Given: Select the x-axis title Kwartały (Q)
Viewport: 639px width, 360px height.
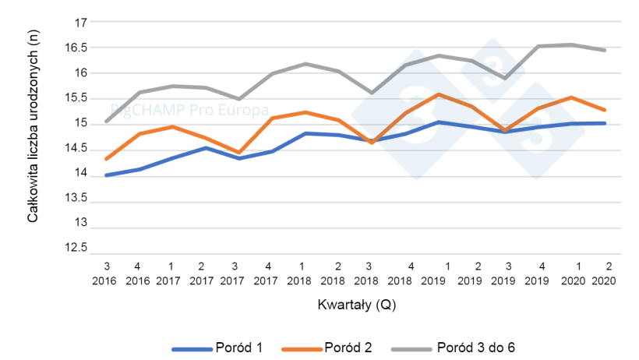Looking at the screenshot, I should coord(355,305).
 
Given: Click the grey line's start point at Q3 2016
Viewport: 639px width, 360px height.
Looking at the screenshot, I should coord(105,122).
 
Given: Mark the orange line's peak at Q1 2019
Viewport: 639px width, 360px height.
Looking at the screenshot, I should coord(439,94).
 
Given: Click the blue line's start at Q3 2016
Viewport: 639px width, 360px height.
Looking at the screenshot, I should coord(105,175).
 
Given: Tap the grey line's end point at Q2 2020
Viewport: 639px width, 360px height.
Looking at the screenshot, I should coord(605,50).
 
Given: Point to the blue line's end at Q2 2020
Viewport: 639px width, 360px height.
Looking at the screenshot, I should coord(605,123).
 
